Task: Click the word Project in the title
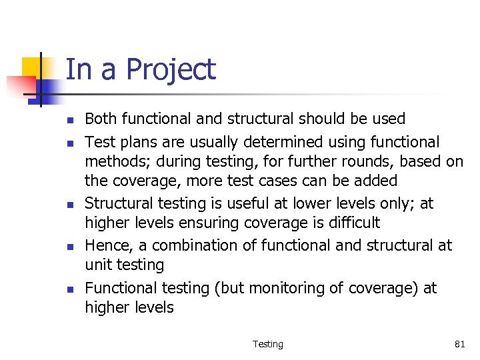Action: pyautogui.click(x=171, y=70)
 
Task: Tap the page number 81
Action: pyautogui.click(x=459, y=344)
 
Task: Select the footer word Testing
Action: pyautogui.click(x=267, y=344)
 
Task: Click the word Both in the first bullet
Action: pyautogui.click(x=100, y=119)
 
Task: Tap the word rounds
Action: pyautogui.click(x=337, y=161)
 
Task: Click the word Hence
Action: pyautogui.click(x=105, y=245)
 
